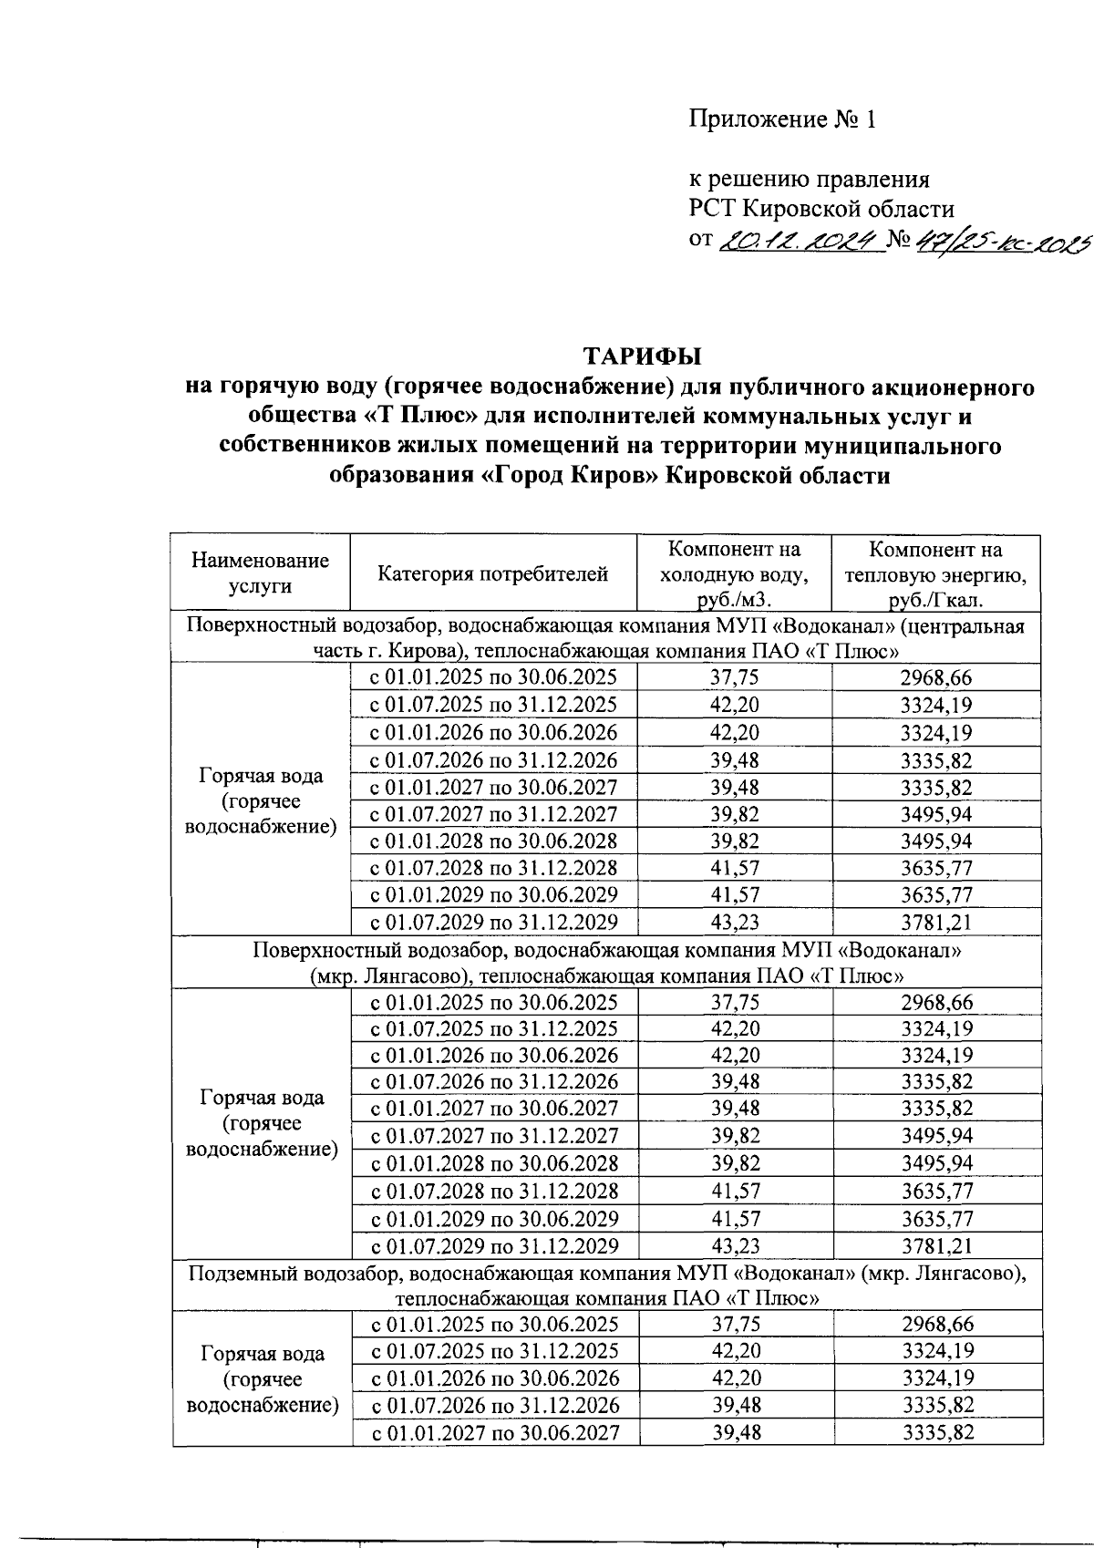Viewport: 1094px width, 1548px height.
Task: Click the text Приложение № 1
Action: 782,120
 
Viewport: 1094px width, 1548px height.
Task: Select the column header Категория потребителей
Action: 493,574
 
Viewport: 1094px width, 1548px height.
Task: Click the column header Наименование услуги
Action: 260,573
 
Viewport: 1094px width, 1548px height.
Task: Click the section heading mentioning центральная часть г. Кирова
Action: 606,638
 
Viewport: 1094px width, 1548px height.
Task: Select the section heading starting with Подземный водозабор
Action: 606,1285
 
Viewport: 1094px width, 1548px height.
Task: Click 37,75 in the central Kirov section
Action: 735,677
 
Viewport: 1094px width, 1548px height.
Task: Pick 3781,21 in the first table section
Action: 936,923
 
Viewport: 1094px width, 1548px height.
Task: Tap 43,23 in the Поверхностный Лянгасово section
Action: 735,1246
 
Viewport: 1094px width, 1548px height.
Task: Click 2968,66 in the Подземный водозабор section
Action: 937,1325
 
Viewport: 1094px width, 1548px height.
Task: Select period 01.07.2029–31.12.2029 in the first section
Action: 493,923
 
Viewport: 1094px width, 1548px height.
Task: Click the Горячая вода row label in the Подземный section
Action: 262,1378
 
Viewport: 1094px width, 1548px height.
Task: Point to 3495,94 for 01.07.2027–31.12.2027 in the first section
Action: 936,814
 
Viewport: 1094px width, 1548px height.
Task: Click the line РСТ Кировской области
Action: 821,210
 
